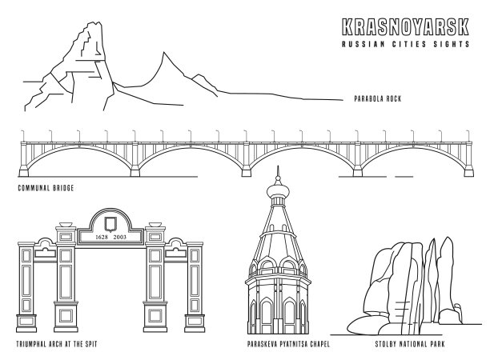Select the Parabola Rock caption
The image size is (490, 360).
coord(376,99)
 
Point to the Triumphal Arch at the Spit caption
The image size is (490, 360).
coord(62,345)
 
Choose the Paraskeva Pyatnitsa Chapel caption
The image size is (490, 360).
coord(289,345)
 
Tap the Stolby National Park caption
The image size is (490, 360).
coord(410,345)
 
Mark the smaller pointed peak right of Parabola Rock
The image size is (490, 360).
coord(166,58)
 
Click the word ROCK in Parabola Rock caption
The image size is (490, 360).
coord(392,99)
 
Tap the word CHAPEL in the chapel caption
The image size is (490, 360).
coord(318,345)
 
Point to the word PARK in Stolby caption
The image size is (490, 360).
coord(437,345)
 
